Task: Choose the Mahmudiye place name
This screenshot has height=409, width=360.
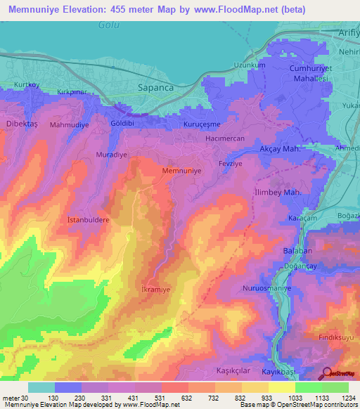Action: click(69, 124)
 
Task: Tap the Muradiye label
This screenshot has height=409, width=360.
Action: click(110, 153)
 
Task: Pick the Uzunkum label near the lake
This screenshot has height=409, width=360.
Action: click(250, 65)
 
